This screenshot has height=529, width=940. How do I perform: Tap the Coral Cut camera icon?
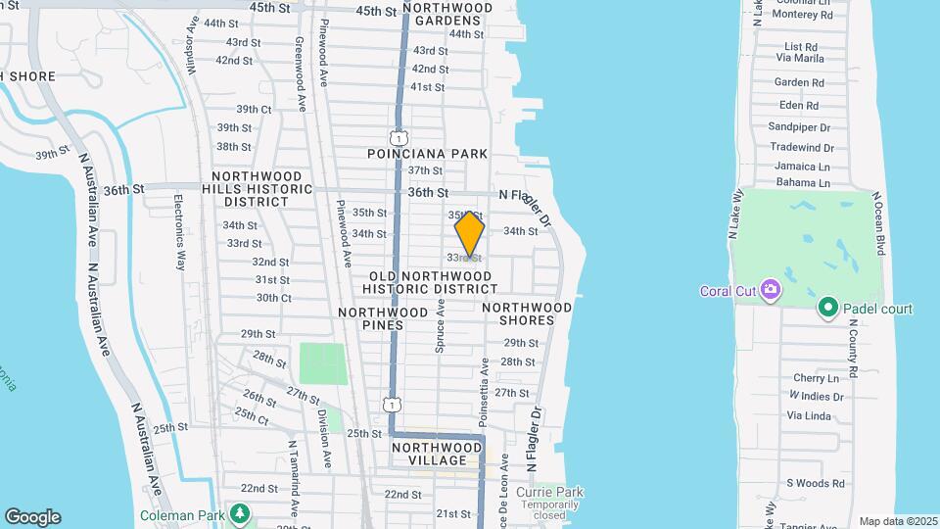771,289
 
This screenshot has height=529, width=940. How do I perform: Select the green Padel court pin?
827,309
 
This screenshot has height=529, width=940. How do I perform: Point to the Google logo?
32,517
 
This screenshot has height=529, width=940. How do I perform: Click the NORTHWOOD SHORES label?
527,313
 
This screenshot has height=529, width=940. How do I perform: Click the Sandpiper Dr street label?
799,127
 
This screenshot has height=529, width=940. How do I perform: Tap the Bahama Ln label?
803,182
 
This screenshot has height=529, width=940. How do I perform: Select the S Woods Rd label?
816,483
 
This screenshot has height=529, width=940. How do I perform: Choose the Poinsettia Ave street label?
484,392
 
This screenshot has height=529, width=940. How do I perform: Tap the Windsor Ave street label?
193,47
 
